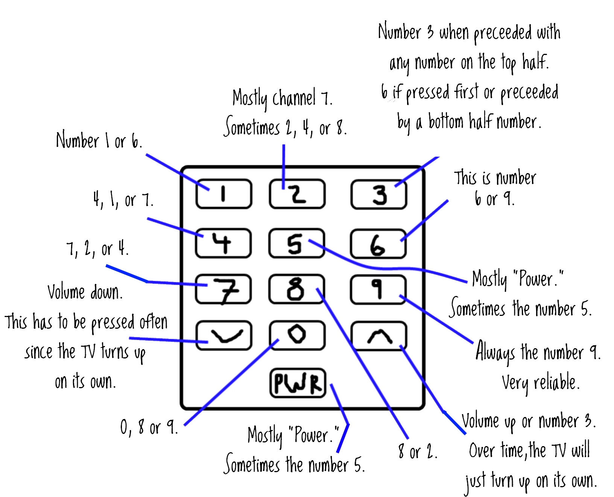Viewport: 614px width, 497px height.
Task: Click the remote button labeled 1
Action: pos(223,194)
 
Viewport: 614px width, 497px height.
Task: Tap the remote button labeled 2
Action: pos(297,194)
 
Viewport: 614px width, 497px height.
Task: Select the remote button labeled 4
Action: pos(223,243)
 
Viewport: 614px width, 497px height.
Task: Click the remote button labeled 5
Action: pos(296,243)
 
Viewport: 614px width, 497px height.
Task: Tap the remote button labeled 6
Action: pos(378,244)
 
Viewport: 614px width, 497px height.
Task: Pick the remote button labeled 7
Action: pos(223,289)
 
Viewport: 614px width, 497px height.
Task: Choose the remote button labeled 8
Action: pos(296,289)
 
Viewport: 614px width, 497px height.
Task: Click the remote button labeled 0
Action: pos(297,335)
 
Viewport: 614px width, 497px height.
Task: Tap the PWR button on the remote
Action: pos(298,383)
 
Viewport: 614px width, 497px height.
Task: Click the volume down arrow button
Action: pos(223,335)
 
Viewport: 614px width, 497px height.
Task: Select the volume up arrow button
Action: pos(378,336)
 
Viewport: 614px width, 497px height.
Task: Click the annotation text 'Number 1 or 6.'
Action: pos(99,141)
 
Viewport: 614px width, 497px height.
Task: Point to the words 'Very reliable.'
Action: pos(540,383)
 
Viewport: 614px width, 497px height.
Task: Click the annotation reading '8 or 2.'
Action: pos(418,451)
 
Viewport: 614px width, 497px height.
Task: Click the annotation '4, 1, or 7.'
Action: pos(123,200)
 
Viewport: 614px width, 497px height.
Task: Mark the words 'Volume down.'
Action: pos(85,292)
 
